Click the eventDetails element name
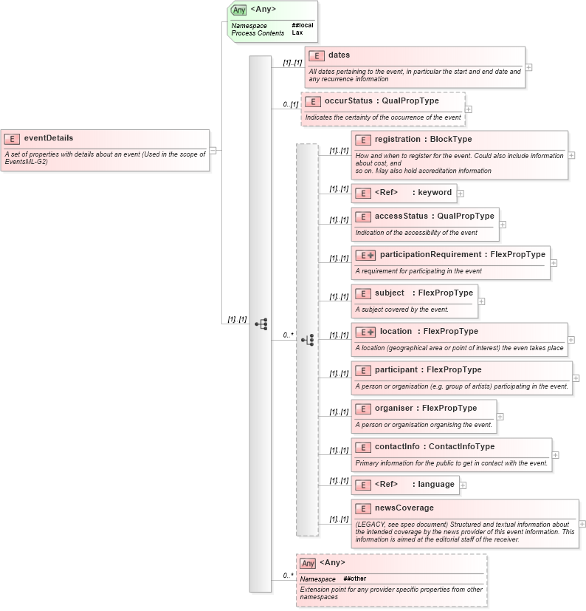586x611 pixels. (x=48, y=137)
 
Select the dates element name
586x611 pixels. (x=339, y=55)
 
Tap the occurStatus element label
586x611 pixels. (x=348, y=100)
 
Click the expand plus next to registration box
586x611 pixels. (x=571, y=156)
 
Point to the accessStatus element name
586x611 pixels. (x=401, y=216)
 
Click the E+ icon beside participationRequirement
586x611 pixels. (x=365, y=255)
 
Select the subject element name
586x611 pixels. (x=389, y=293)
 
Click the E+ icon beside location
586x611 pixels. (x=365, y=332)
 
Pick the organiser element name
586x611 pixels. (x=394, y=408)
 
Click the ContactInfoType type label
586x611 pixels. (x=461, y=446)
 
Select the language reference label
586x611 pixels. (x=435, y=485)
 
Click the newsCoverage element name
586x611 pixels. (x=404, y=508)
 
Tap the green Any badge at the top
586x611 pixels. (x=238, y=10)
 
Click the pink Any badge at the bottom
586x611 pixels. (x=307, y=563)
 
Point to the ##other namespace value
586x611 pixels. (x=354, y=578)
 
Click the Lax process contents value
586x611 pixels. (x=297, y=33)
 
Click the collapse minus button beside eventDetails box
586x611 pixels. (x=213, y=150)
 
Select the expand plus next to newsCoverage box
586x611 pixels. (x=582, y=524)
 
